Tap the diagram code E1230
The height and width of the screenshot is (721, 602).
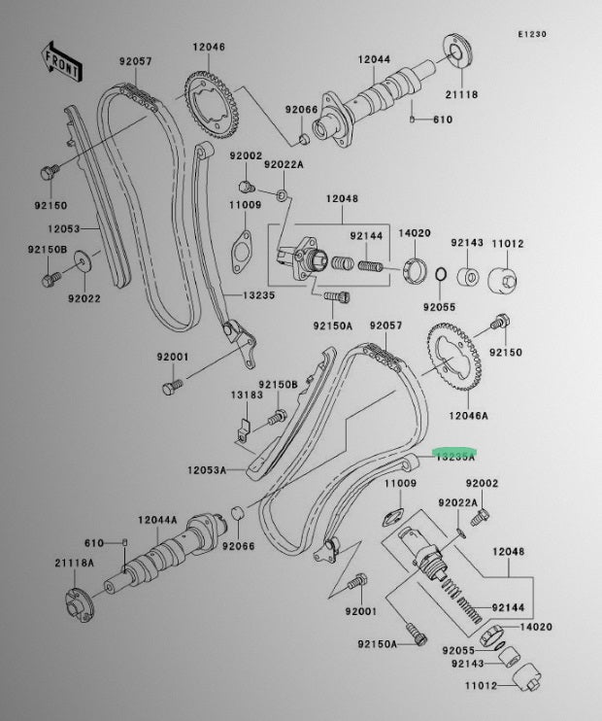click(x=559, y=34)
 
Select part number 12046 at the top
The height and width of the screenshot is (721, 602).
click(x=208, y=47)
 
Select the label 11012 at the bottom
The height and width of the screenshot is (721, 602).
click(x=480, y=685)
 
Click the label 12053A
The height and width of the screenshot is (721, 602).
click(x=208, y=470)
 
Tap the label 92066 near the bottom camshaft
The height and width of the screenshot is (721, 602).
click(x=238, y=546)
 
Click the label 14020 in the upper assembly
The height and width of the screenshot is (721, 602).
click(x=416, y=234)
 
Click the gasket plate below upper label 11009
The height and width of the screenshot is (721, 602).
click(x=239, y=246)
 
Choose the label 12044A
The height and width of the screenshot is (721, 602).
click(x=158, y=520)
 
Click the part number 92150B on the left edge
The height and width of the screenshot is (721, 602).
click(x=47, y=251)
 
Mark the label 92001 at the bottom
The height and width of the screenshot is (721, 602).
click(x=359, y=611)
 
